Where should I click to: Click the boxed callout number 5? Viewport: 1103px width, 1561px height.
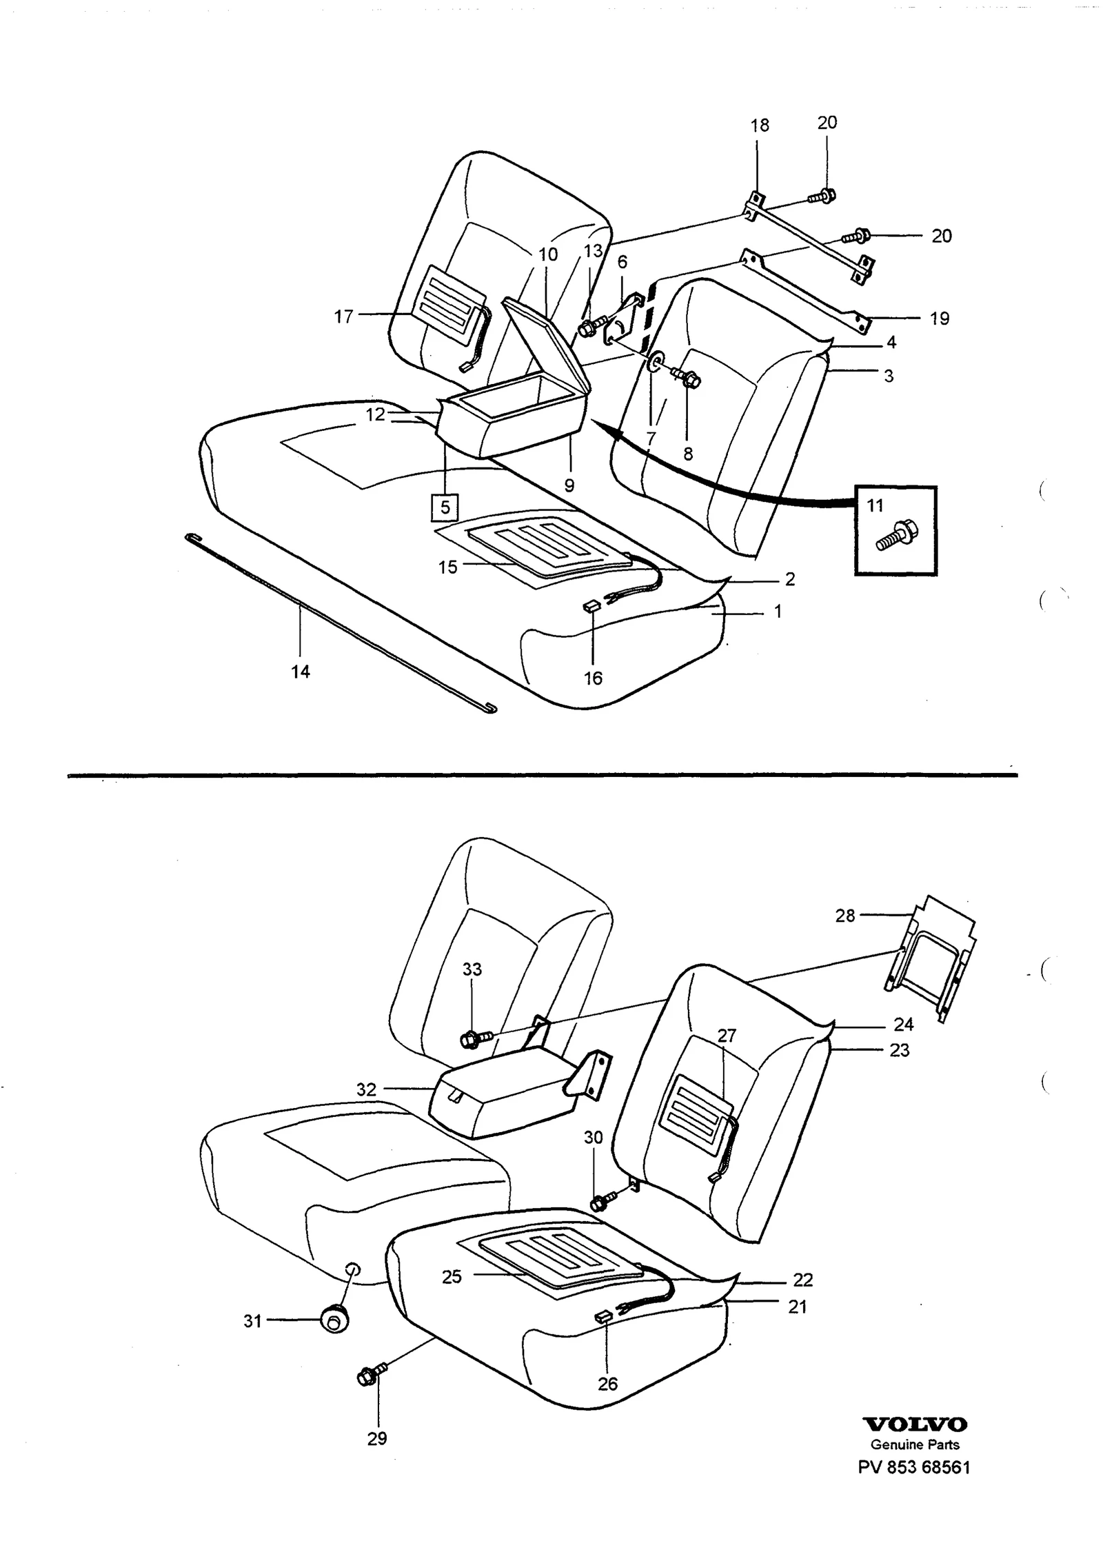pyautogui.click(x=445, y=507)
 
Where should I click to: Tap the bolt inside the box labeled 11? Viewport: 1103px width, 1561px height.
pyautogui.click(x=895, y=536)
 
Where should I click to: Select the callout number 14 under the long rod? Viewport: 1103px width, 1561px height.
pyautogui.click(x=301, y=671)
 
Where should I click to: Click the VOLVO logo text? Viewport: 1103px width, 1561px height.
pyautogui.click(x=915, y=1424)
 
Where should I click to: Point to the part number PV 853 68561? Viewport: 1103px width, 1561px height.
pyautogui.click(x=913, y=1467)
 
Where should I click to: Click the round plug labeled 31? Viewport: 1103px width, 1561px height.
pyautogui.click(x=334, y=1320)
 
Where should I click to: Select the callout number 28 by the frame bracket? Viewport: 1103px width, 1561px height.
pyautogui.click(x=844, y=915)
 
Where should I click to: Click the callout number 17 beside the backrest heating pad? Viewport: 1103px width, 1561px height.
pyautogui.click(x=343, y=316)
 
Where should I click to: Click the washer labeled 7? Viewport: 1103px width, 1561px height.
pyautogui.click(x=654, y=361)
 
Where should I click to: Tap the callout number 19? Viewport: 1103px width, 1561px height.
pyautogui.click(x=940, y=319)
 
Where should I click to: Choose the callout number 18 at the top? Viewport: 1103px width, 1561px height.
pyautogui.click(x=760, y=125)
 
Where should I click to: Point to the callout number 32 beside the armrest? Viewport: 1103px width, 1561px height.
pyautogui.click(x=366, y=1089)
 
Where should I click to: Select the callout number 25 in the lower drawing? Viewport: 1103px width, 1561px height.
pyautogui.click(x=452, y=1276)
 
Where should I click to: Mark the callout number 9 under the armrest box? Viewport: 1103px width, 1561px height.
pyautogui.click(x=569, y=485)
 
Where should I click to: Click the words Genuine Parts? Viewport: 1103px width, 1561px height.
pyautogui.click(x=915, y=1444)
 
